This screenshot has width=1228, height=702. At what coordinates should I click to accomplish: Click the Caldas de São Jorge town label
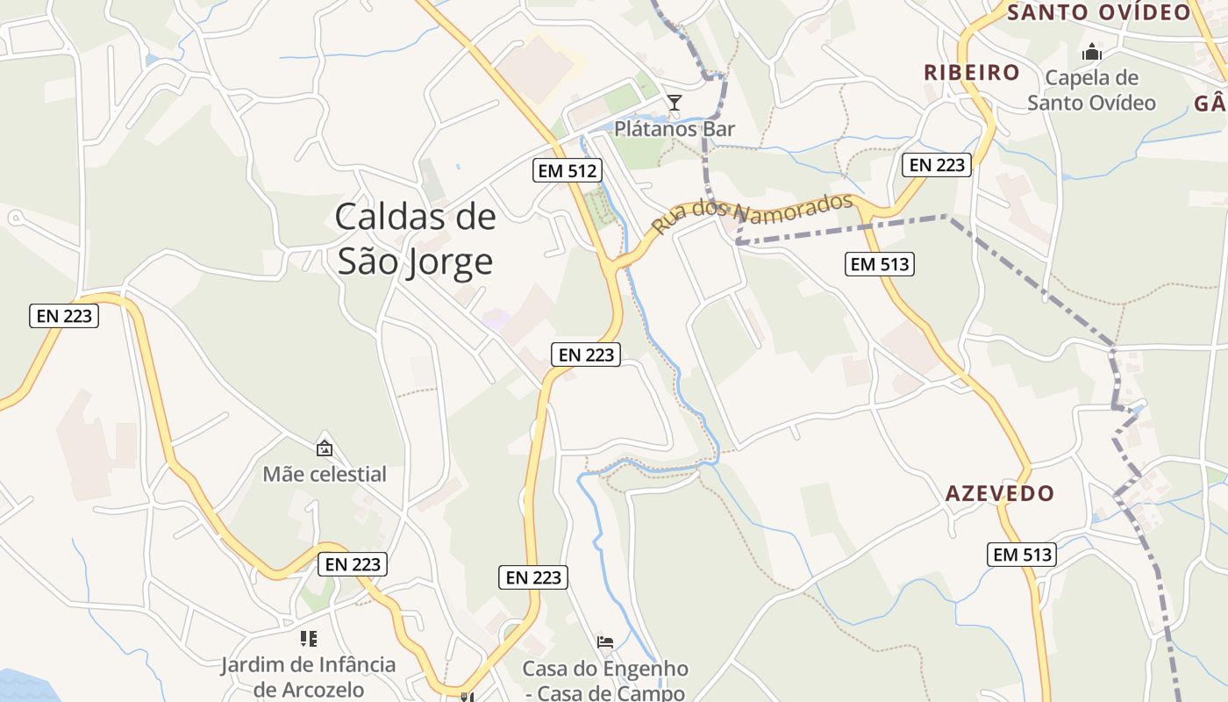415,239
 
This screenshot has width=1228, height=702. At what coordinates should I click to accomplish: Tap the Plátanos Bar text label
674,129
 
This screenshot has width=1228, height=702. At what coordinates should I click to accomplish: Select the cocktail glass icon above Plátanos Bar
674,104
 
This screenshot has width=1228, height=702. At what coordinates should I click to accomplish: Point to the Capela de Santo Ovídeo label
1091,90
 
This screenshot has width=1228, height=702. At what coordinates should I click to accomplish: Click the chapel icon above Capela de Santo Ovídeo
1091,53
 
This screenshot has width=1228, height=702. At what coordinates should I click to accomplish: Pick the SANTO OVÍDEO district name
1098,12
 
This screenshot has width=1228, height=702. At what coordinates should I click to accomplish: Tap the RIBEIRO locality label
972,72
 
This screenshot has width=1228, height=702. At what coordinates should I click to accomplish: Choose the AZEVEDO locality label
999,493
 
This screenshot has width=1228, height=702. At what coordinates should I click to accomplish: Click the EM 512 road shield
568,170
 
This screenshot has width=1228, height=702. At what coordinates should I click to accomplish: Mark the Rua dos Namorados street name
752,215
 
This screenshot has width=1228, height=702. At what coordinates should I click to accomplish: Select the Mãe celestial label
325,474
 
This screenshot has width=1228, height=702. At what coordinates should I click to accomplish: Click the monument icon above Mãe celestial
325,448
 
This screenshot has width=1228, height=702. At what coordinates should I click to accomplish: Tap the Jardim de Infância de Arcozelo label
308,677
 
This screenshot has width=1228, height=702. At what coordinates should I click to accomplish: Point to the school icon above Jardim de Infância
308,638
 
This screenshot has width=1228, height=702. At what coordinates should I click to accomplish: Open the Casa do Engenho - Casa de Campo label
605,681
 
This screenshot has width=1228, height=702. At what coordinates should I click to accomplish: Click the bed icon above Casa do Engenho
605,641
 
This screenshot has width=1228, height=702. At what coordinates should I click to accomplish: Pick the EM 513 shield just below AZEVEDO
1022,555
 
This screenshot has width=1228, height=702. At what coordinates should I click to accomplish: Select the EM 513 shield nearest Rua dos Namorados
880,263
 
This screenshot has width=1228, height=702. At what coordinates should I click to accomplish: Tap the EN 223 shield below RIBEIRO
937,164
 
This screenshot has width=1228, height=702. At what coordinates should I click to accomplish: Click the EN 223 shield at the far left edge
64,316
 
